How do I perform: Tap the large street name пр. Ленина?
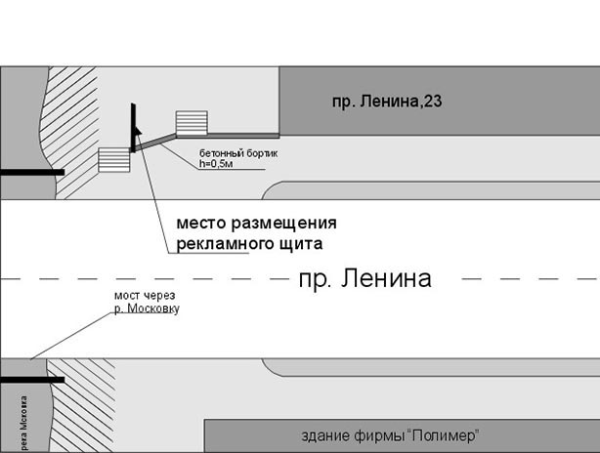[x=364, y=279]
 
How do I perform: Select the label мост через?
[x=140, y=297]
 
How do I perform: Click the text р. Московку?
[x=146, y=309]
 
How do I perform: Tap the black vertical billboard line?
[x=131, y=126]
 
